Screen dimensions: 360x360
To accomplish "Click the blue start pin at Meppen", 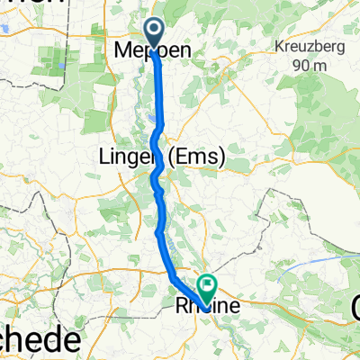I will pos(154,35).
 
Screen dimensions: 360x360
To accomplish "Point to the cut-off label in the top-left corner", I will pos(31,4).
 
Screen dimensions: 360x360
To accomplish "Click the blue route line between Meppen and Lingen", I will pos(159,99).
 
